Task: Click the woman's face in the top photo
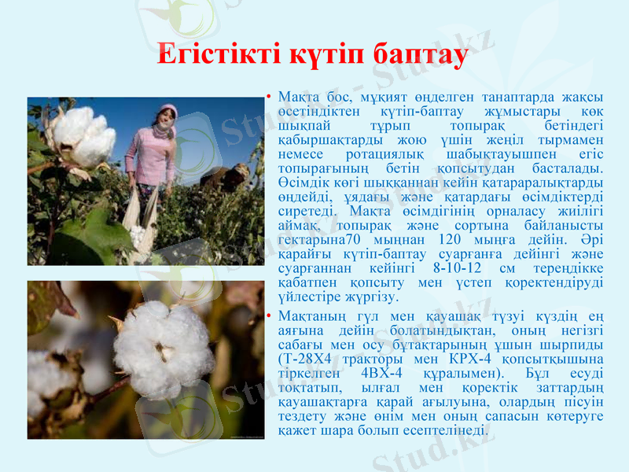pos(165,120)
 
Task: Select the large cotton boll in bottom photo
pos(161,346)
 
